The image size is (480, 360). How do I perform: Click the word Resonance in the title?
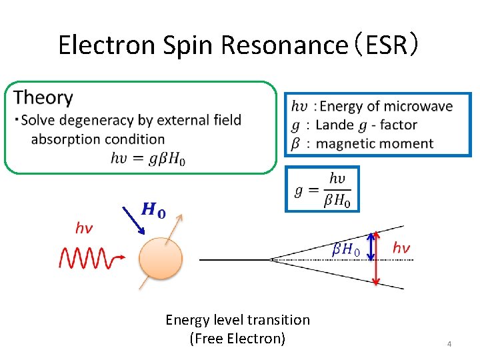(x=282, y=45)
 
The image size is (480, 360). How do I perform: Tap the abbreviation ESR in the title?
(x=386, y=45)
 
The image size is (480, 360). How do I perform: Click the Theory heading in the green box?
(x=43, y=97)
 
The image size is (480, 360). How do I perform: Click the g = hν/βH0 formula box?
(x=322, y=189)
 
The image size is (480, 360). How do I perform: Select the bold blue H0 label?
(x=154, y=211)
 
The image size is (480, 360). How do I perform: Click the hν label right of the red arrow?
(x=401, y=247)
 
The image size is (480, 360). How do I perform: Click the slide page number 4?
(x=449, y=344)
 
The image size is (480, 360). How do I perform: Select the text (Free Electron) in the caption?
(x=237, y=339)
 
